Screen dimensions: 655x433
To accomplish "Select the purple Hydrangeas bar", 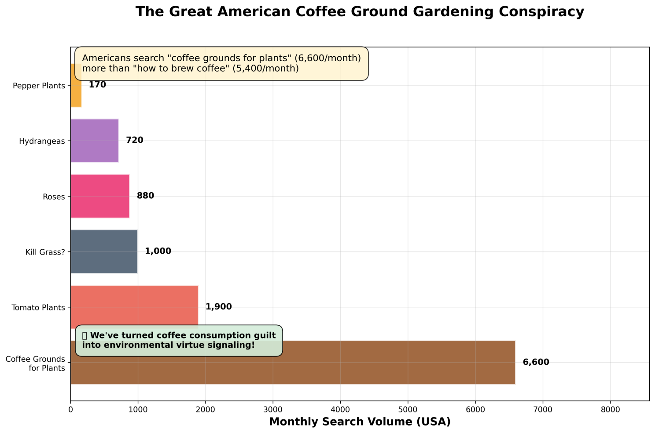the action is point(95,141).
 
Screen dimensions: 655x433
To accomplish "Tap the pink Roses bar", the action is point(100,196).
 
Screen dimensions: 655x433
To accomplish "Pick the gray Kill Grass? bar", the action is point(104,252).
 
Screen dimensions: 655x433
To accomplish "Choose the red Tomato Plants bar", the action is point(135,307).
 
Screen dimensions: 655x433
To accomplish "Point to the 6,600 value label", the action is point(536,362).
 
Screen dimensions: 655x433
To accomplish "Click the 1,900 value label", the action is point(219,307).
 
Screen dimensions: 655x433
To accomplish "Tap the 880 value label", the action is point(145,196).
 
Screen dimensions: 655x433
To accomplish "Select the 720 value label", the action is point(135,140).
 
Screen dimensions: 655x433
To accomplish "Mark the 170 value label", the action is point(97,85).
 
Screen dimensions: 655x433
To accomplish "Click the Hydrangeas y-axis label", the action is point(42,141).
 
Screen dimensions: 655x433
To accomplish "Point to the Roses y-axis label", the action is point(54,197).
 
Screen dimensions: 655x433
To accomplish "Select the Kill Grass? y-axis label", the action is point(45,252).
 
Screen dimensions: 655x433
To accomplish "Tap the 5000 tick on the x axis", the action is point(408,410).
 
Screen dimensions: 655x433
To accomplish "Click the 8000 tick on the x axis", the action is point(610,410).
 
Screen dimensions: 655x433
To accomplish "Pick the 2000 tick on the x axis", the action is point(206,410).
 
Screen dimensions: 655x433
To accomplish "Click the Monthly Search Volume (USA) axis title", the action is point(360,422).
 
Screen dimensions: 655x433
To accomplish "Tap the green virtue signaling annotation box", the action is point(179,340).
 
